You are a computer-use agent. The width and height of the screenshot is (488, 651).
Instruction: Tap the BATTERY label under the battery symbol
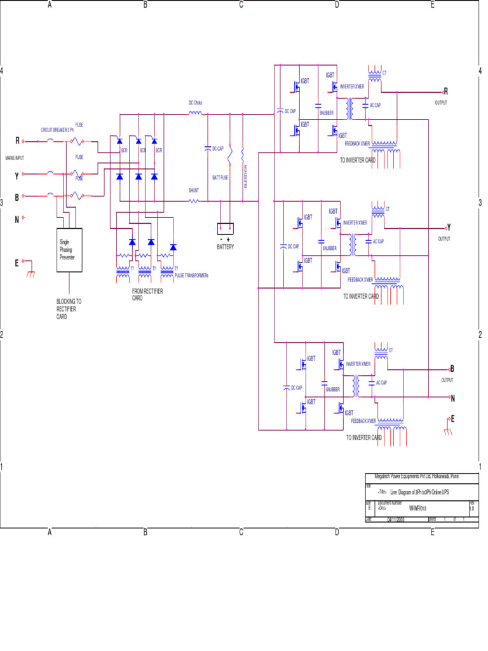pos(226,247)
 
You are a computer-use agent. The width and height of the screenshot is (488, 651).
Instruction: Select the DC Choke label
pos(195,102)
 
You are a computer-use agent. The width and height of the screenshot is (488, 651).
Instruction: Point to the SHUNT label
pos(194,190)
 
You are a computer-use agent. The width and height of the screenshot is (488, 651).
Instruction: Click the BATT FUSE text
pos(220,178)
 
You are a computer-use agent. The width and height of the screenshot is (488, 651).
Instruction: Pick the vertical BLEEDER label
pos(245,176)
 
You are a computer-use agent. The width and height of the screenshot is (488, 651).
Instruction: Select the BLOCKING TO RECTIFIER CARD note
pos(69,308)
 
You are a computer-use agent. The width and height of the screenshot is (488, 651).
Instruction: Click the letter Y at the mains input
pos(17,175)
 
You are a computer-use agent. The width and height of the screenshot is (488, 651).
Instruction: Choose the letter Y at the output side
pos(449,227)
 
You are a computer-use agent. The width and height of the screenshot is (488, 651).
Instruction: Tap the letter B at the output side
pos(452,368)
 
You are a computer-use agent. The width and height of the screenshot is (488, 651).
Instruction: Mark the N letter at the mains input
pos(17,220)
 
